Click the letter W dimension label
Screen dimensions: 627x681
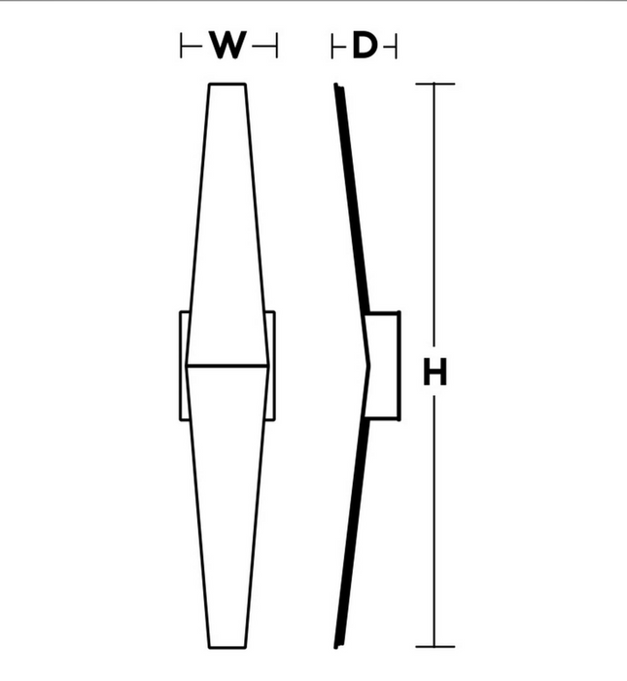tap(228, 45)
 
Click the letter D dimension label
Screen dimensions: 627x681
tap(365, 45)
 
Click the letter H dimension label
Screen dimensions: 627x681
tap(435, 372)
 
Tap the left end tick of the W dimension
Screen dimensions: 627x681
tap(181, 45)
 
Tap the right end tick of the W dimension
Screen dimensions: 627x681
tap(276, 45)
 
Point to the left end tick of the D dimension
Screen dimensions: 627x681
tap(332, 45)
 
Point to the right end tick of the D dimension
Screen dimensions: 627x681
tap(397, 45)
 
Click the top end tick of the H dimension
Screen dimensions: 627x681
tap(435, 84)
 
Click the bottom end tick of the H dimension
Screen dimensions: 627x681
tap(435, 647)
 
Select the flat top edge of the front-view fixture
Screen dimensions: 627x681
tap(227, 84)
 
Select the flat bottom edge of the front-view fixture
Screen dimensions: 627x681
tap(227, 647)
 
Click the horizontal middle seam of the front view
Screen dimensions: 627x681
tap(227, 366)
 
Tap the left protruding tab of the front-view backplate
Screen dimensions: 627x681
tap(184, 366)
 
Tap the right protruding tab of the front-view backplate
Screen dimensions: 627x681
tap(270, 366)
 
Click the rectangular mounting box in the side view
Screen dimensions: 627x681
tap(382, 366)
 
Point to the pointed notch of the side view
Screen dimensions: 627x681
tap(369, 366)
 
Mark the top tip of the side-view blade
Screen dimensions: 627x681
tap(336, 85)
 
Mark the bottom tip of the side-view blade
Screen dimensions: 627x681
tap(336, 647)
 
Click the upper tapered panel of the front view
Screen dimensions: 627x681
tap(227, 225)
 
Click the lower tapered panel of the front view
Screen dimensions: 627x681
tap(227, 507)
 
